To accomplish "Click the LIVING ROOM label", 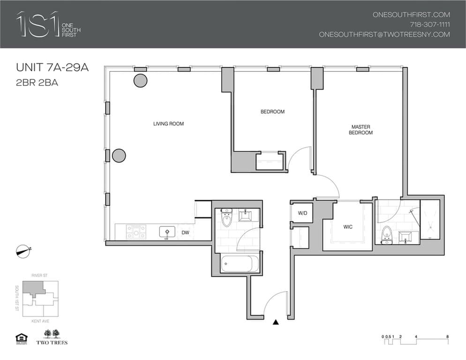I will tap(168, 124).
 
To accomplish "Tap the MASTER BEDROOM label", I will tap(361, 130).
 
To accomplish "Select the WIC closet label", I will tap(347, 227).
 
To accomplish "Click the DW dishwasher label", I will tap(185, 232).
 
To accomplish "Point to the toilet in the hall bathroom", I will tap(227, 217).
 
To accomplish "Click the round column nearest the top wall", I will tap(140, 81).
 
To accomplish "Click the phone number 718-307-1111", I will tap(429, 24).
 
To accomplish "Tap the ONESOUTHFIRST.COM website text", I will tap(411, 15).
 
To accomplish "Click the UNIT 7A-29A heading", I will tap(52, 68).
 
